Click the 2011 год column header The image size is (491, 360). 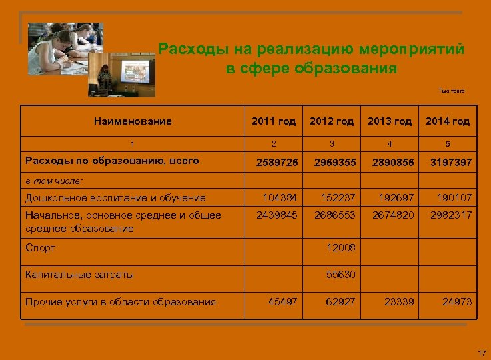273,121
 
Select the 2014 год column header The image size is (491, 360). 448,121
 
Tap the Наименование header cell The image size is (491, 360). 133,121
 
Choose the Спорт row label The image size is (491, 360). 40,248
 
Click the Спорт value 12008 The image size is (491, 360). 341,248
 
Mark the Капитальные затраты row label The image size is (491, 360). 79,274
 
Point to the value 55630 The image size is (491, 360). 341,274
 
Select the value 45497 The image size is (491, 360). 283,302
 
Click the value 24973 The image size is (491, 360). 457,302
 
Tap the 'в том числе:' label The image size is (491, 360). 54,180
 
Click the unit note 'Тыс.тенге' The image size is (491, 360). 451,90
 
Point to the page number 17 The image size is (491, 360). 482,351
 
